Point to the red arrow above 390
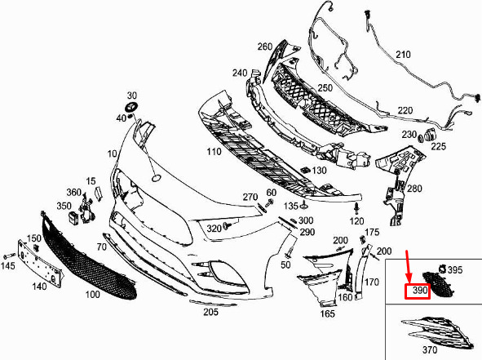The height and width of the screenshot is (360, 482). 409,266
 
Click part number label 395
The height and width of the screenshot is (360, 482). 454,270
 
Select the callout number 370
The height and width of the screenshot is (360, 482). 430,349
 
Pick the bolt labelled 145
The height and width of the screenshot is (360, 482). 10,256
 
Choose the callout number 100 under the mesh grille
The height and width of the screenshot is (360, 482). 92,294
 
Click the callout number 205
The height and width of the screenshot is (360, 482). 210,312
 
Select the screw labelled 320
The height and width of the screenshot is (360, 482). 228,225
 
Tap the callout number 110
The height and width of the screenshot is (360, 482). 214,151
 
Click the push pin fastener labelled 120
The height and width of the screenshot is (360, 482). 356,208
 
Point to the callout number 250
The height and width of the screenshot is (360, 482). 325,87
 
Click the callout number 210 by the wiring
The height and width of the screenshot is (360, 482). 403,55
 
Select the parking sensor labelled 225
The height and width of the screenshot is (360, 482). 430,135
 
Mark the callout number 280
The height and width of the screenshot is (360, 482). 414,188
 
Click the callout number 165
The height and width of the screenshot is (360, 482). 327,313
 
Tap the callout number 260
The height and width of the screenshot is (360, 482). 265,47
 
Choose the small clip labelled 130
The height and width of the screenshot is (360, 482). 305,170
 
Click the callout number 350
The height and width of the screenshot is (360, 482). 64,206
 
